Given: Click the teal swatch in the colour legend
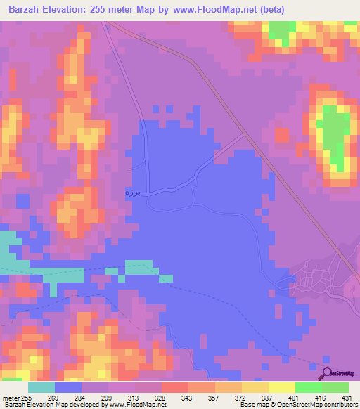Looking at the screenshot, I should click(x=41, y=387).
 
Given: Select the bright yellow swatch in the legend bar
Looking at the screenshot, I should click(x=281, y=387).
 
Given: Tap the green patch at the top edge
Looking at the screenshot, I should click(x=282, y=29).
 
